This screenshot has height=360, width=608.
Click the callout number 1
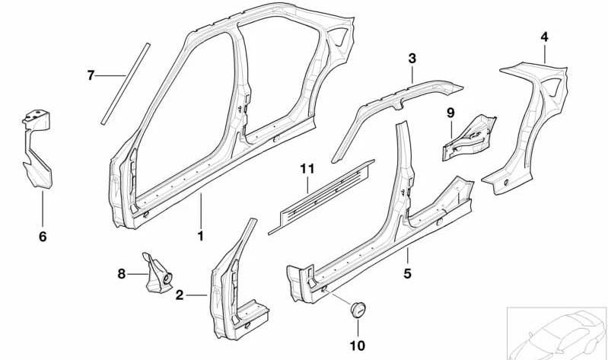[200, 235]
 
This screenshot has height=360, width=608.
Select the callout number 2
[179, 295]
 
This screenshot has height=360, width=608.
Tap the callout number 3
[412, 59]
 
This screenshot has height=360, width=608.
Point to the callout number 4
[544, 37]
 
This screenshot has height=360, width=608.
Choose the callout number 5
[407, 273]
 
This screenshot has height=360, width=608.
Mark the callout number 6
[43, 236]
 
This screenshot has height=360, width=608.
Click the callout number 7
[91, 75]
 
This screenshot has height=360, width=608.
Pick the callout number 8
[121, 274]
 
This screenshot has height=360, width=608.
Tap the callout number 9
[450, 113]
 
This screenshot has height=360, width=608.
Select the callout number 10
[357, 346]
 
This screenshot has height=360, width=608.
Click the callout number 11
[307, 169]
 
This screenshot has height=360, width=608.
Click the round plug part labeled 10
[358, 309]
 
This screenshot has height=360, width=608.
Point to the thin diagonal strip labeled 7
[126, 84]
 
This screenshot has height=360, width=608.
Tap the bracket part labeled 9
[470, 137]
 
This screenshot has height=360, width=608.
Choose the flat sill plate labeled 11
[321, 196]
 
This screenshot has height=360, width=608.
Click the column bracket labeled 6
[37, 149]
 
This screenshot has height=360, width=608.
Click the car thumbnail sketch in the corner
[557, 333]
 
